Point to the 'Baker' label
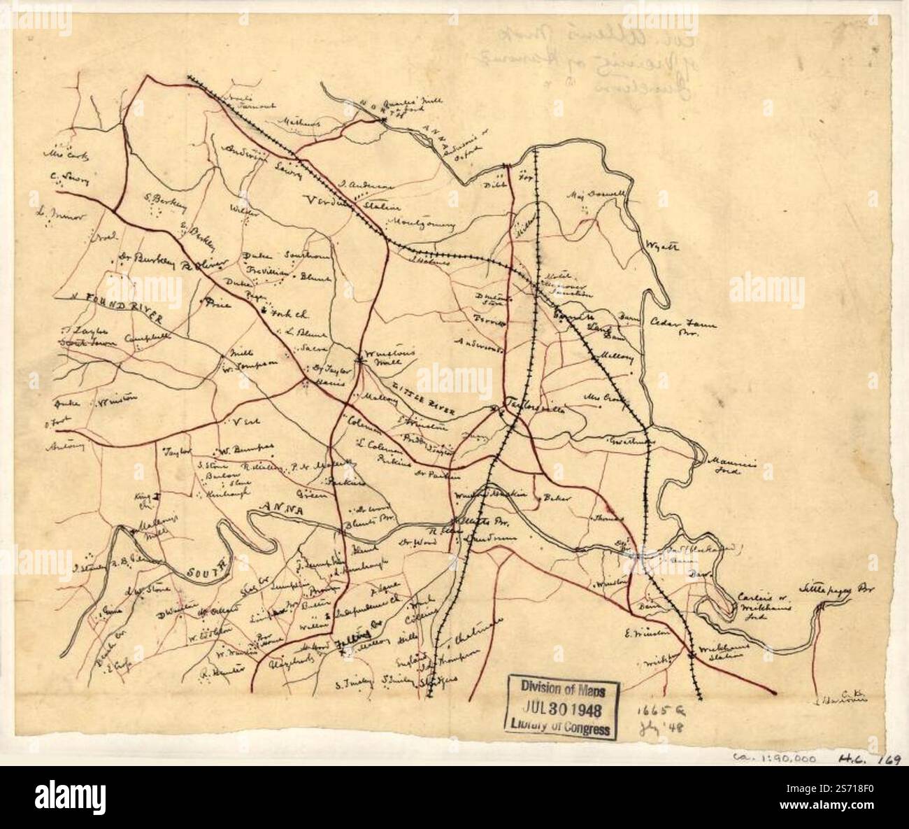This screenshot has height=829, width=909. [557, 498]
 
